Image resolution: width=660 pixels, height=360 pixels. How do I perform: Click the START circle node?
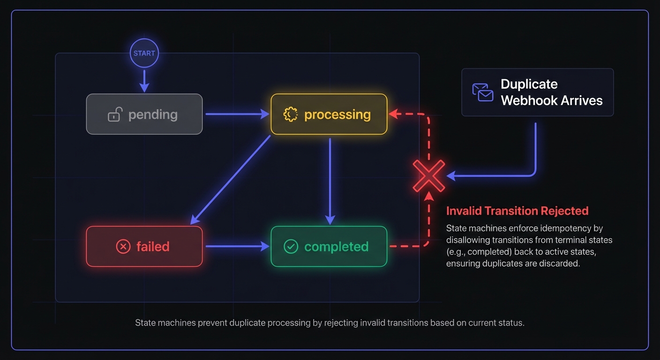[x=144, y=53]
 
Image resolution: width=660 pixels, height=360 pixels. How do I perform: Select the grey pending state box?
[x=144, y=114]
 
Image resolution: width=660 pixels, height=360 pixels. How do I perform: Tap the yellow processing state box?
[x=329, y=114]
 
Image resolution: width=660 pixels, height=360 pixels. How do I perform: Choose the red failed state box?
[x=144, y=246]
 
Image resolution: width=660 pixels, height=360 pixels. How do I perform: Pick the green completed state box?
[x=329, y=246]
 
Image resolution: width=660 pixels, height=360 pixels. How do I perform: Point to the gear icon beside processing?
[x=291, y=114]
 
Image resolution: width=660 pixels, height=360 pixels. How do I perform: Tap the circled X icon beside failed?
[x=123, y=247]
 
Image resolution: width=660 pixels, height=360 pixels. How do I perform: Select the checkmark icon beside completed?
[x=291, y=247]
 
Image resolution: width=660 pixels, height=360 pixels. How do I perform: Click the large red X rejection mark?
[x=428, y=176]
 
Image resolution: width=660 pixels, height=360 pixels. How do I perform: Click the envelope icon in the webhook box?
[x=483, y=92]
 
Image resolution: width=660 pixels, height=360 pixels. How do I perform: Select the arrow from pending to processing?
[x=237, y=114]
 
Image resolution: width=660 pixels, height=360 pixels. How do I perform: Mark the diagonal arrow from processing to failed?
[x=231, y=180]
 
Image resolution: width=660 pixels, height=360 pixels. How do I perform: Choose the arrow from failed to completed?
[x=237, y=246]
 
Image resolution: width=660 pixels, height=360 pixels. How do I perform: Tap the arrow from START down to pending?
[x=144, y=80]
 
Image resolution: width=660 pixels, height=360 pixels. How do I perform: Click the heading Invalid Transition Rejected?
[x=517, y=211]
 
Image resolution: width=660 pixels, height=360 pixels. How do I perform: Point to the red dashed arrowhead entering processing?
[x=394, y=114]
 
